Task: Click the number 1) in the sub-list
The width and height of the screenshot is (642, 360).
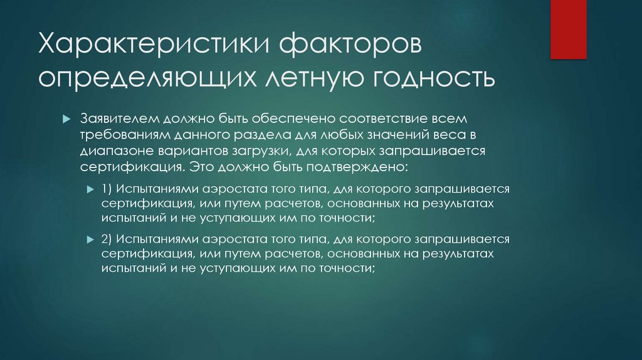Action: tap(105, 189)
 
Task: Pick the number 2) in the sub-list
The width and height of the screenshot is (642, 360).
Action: tap(105, 240)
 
